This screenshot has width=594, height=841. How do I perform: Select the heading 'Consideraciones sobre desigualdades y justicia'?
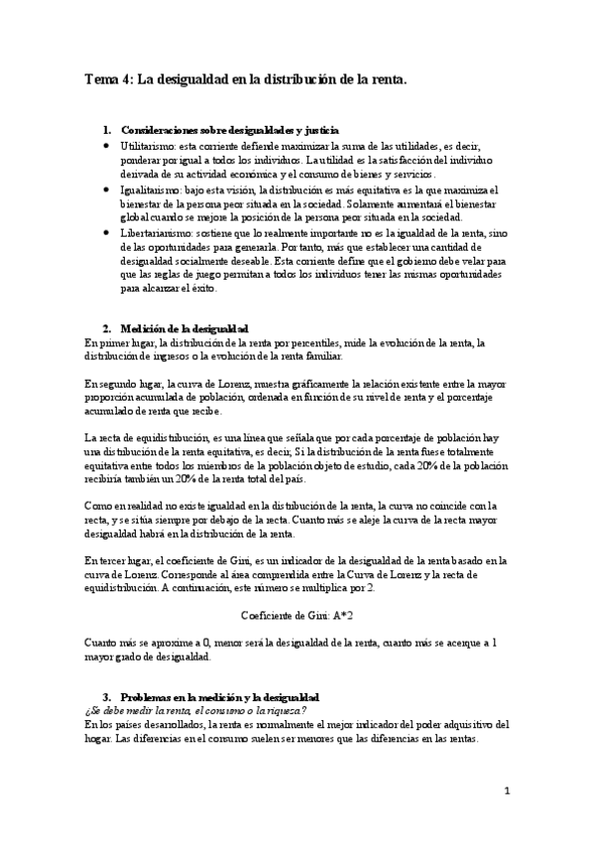pos(229,130)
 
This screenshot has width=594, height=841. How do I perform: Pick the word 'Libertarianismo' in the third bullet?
pos(157,231)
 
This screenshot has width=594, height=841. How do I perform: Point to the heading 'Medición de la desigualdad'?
pos(183,328)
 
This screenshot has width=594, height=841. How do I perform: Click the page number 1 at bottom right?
pos(506,790)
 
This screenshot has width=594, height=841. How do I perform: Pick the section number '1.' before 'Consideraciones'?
pos(108,130)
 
